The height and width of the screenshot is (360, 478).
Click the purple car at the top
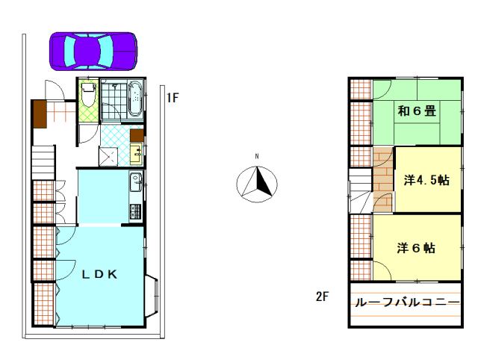pos(93,51)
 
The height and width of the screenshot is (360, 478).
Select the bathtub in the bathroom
pos(135,99)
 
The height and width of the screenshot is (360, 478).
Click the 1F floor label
pos(173,97)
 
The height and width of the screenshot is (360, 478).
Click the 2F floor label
pos(322,297)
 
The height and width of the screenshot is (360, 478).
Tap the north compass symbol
pos(256,183)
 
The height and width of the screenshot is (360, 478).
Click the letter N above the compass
pos(256,156)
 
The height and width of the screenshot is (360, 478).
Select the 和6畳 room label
pos(417,112)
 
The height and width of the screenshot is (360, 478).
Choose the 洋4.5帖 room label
pos(426,180)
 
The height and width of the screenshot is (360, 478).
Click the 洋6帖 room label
pos(417,248)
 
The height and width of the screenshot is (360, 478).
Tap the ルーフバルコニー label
pos(407,303)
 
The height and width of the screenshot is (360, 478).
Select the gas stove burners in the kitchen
pos(135,210)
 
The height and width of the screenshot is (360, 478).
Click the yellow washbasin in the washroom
pos(137,155)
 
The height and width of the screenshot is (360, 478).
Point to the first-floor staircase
pos(43,163)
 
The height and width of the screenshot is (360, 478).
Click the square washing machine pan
pos(109,155)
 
